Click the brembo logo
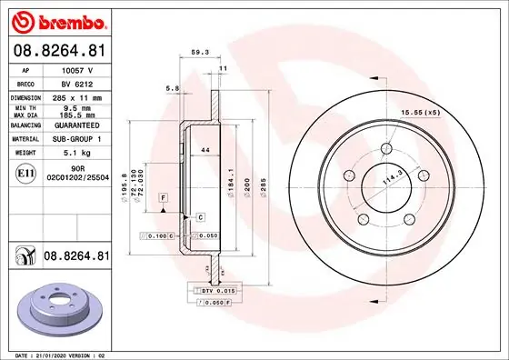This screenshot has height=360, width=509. tap(57, 20)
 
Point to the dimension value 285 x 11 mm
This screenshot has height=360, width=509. tap(79, 95)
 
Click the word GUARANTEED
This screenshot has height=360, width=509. tap(79, 126)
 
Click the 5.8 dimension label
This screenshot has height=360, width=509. tap(171, 87)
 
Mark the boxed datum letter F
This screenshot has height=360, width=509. tap(164, 197)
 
